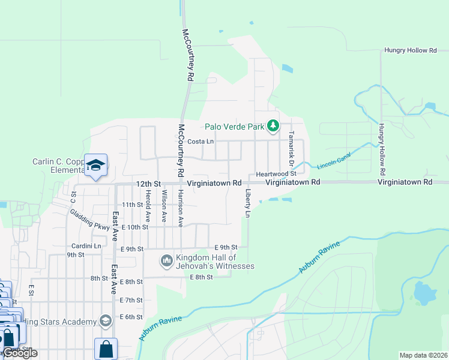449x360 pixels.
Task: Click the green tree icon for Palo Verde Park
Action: tap(273, 126)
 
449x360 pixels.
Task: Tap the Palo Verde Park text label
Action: tap(234, 127)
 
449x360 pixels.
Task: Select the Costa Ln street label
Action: tap(200, 142)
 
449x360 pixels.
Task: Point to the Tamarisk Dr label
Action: tap(291, 149)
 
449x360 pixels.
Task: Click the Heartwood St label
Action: tap(277, 173)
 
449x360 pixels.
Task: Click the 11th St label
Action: tap(131, 205)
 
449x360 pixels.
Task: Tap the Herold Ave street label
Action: tap(147, 205)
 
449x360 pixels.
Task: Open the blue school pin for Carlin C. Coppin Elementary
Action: tap(95, 166)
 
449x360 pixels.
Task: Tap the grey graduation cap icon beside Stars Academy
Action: tap(106, 321)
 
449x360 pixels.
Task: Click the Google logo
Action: tap(20, 353)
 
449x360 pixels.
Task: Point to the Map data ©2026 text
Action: tap(423, 355)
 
